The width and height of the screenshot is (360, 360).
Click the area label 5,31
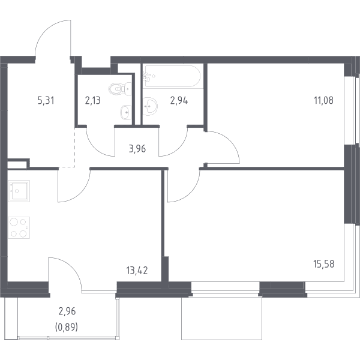(x=46, y=101)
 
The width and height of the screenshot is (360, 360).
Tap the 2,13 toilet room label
(x=93, y=101)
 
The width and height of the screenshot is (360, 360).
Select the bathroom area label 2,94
(x=179, y=101)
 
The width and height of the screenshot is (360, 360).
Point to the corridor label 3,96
(x=137, y=149)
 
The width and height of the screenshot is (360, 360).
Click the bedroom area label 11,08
(x=323, y=101)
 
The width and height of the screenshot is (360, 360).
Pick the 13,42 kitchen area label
(x=137, y=271)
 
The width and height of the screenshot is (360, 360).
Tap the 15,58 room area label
(x=324, y=264)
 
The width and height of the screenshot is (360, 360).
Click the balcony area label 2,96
(x=67, y=311)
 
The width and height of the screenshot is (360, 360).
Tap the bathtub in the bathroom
(x=172, y=76)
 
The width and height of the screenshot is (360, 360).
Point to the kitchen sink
(x=19, y=191)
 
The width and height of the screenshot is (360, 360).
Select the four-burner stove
(x=19, y=228)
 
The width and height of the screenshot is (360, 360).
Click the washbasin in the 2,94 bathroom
(x=150, y=106)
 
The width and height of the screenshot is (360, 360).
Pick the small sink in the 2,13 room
(x=126, y=112)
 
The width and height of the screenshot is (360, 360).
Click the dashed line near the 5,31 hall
(x=75, y=147)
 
